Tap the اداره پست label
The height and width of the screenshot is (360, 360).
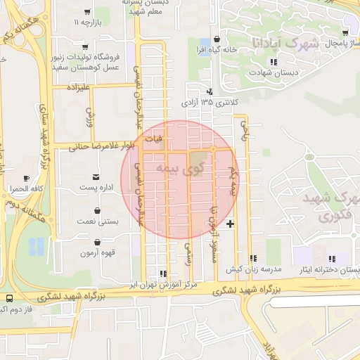(x=96, y=188)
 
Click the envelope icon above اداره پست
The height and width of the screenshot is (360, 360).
(x=96, y=176)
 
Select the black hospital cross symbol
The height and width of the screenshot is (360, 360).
(x=230, y=224)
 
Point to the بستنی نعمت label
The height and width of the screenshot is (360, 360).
(x=97, y=221)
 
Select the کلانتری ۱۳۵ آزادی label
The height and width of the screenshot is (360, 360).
(x=210, y=103)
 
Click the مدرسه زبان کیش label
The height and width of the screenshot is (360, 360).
(x=253, y=270)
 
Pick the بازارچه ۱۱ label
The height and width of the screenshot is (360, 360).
(x=87, y=22)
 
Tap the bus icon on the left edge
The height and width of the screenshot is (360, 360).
(x=8, y=298)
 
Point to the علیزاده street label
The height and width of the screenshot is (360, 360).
(x=78, y=88)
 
